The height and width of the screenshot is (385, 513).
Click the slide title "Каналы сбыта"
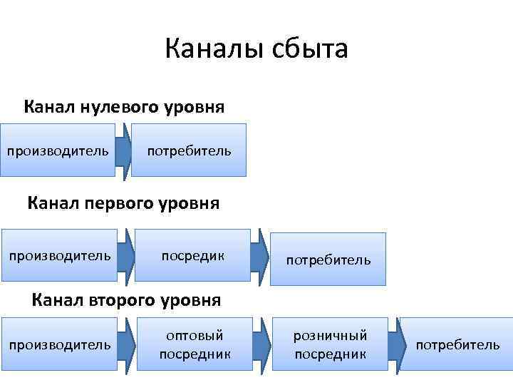tap(256, 50)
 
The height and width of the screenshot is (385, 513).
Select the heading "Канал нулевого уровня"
tap(125, 107)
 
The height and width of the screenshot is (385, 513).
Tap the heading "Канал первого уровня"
tap(124, 203)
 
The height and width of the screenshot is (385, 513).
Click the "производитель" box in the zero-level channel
tap(58, 150)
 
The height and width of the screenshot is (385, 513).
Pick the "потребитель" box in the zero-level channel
tap(189, 150)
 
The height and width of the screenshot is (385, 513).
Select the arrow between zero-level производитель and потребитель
tap(124, 150)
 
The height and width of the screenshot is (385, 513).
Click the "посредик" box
tap(192, 255)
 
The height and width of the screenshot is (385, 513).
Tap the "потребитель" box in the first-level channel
tap(328, 260)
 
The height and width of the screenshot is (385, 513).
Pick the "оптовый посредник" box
tap(195, 344)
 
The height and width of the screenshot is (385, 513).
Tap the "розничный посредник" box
tap(330, 344)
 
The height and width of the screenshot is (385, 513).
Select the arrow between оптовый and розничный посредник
tap(263, 344)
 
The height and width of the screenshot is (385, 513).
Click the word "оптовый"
tap(195, 335)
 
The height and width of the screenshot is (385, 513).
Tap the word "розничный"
tap(330, 335)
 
